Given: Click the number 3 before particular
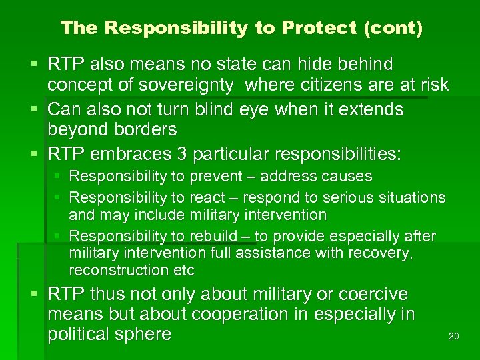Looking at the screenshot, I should (x=182, y=155).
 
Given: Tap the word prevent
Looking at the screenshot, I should (x=214, y=177).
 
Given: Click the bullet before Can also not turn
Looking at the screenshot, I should (x=35, y=109).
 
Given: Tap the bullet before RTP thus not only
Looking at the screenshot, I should (x=35, y=295).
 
